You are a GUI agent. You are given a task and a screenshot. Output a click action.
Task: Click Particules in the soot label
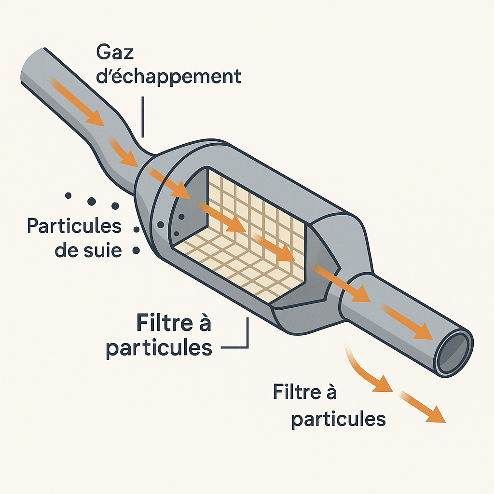pyautogui.click(x=74, y=226)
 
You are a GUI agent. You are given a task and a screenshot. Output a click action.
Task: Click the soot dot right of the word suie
pyautogui.click(x=136, y=250)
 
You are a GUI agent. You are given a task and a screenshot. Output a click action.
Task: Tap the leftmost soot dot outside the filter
pyautogui.click(x=69, y=195)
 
